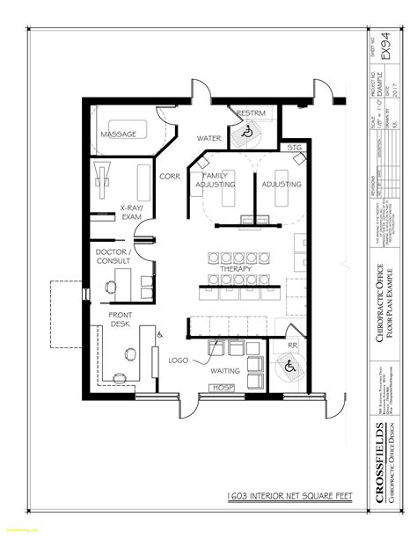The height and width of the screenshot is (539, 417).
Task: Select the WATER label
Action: tap(208, 138)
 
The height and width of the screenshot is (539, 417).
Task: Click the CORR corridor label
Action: tap(169, 176)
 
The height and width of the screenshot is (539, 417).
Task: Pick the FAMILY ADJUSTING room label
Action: tap(216, 180)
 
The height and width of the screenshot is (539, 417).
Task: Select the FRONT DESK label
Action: tap(121, 319)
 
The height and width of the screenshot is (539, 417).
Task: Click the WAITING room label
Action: tap(225, 370)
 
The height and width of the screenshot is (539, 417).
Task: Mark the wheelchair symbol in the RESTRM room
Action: tap(249, 133)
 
